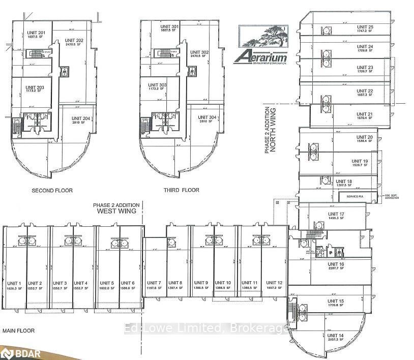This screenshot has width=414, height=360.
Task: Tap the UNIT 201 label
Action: tap(36, 34)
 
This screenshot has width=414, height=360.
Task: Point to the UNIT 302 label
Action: tap(199, 52)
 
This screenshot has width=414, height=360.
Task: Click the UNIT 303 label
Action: tap(157, 85)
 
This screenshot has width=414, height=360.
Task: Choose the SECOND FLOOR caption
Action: tap(52, 191)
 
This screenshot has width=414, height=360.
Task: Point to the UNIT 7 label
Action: tap(153, 283)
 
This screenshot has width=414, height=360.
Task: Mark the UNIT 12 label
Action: tap(274, 283)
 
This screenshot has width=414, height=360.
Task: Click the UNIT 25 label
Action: tap(365, 27)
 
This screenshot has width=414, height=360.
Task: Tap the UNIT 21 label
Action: tap(365, 114)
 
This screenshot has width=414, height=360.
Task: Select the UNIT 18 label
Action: tap(343, 182)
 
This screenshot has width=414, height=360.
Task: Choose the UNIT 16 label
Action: tap(336, 264)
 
